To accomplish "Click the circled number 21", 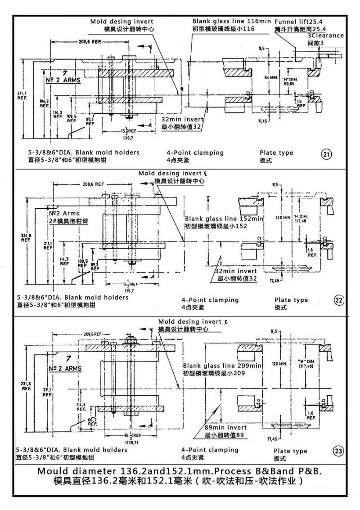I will [327, 155].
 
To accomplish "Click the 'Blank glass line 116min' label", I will [232, 21].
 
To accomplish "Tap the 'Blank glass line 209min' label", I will [222, 366].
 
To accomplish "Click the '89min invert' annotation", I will [225, 427].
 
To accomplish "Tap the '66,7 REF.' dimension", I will [92, 421].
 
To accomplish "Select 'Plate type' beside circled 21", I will [276, 152].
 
